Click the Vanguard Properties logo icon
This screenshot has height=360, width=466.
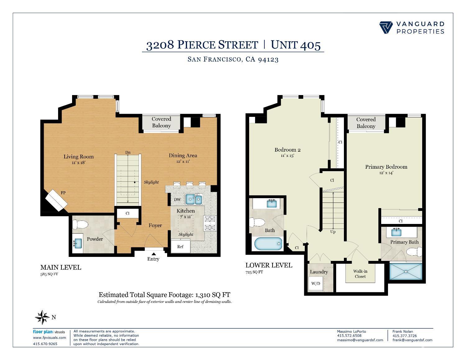coord(386,27)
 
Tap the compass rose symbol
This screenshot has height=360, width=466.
coord(42,317)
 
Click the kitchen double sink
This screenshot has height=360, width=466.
coord(194,199)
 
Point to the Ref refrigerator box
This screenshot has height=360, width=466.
coord(180,247)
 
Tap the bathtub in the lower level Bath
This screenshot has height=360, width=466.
coord(268,244)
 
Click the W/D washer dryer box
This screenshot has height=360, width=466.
coord(316,284)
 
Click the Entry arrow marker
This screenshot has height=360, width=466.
coord(153,254)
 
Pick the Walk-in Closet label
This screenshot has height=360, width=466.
coord(360,274)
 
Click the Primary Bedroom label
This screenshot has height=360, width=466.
coord(386,167)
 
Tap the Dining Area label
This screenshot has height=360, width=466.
coord(183,156)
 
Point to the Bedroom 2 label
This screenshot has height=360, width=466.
coord(287,150)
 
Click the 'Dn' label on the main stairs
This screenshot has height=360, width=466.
coord(128,152)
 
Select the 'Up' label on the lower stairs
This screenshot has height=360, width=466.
coord(333,232)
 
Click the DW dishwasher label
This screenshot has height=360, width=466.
coord(177,199)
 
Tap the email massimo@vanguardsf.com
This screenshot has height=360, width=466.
coord(360,340)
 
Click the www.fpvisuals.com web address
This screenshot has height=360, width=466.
coord(49,338)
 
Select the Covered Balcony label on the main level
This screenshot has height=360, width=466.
coord(161,122)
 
